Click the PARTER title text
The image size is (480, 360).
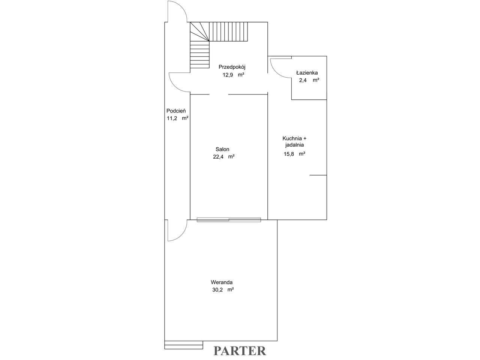pos(240,351)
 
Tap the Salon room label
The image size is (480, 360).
pos(222,149)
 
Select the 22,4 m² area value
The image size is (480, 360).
pos(224,157)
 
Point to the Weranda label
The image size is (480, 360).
pos(222,282)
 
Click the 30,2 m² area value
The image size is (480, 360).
pos(223,290)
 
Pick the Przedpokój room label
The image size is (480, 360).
pos(232,67)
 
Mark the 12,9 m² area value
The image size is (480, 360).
pos(233,75)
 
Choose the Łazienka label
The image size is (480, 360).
pos(307,73)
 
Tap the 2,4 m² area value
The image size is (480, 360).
pos(309,80)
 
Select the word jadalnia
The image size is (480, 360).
pos(294,145)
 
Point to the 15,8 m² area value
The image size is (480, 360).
pos(294,154)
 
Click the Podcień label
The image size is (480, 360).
pos(176,111)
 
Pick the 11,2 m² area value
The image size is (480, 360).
pos(178,118)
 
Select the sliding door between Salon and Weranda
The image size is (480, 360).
pos(229,220)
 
